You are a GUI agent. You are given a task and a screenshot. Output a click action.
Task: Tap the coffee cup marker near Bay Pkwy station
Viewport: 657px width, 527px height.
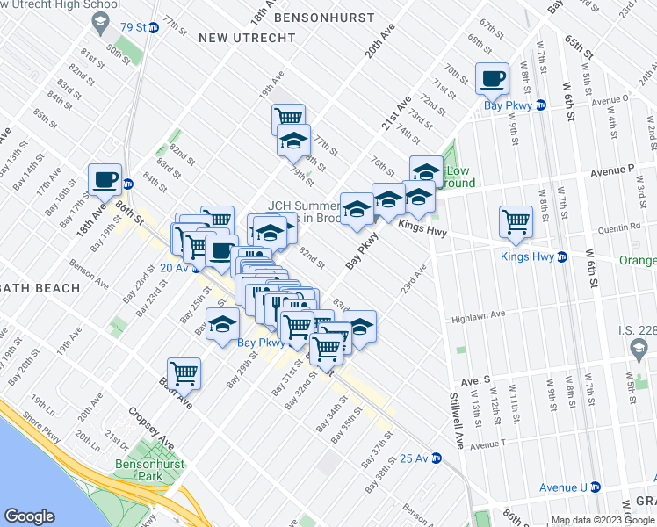pyautogui.click(x=492, y=78)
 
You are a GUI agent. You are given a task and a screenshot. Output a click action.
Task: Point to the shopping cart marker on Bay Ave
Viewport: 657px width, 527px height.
pyautogui.click(x=184, y=372)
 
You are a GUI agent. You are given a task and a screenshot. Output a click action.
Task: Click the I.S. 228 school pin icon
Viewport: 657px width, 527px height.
pyautogui.click(x=639, y=352)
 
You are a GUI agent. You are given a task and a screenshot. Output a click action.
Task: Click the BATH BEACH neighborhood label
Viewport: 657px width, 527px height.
pyautogui.click(x=40, y=287)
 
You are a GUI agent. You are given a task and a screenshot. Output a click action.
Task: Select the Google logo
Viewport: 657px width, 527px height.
pyautogui.click(x=30, y=516)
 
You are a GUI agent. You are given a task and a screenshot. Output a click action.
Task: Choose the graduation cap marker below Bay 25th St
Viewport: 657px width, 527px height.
pyautogui.click(x=222, y=323)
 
